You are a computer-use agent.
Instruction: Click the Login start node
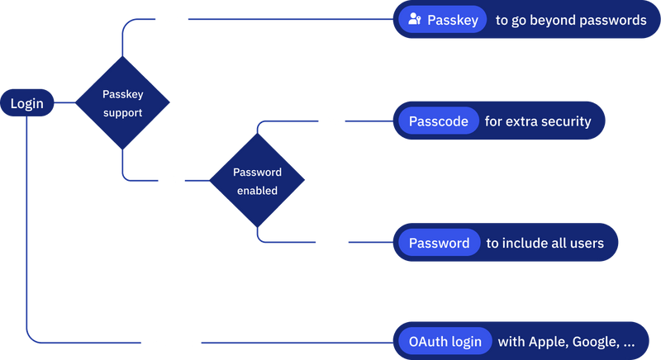pos(26,104)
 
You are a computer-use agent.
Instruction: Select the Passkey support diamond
pos(122,103)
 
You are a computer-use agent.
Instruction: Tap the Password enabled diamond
pos(256,182)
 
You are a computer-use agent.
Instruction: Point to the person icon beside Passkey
pos(415,20)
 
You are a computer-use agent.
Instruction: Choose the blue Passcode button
pos(438,121)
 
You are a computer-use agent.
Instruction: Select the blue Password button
pos(439,243)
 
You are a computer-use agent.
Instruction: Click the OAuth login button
pos(445,341)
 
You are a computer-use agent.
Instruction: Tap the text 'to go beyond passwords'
pos(570,20)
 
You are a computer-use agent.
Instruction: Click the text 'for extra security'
pos(538,121)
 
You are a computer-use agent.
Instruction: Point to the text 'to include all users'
pos(544,243)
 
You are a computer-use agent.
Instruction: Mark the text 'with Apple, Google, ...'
pos(566,341)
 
